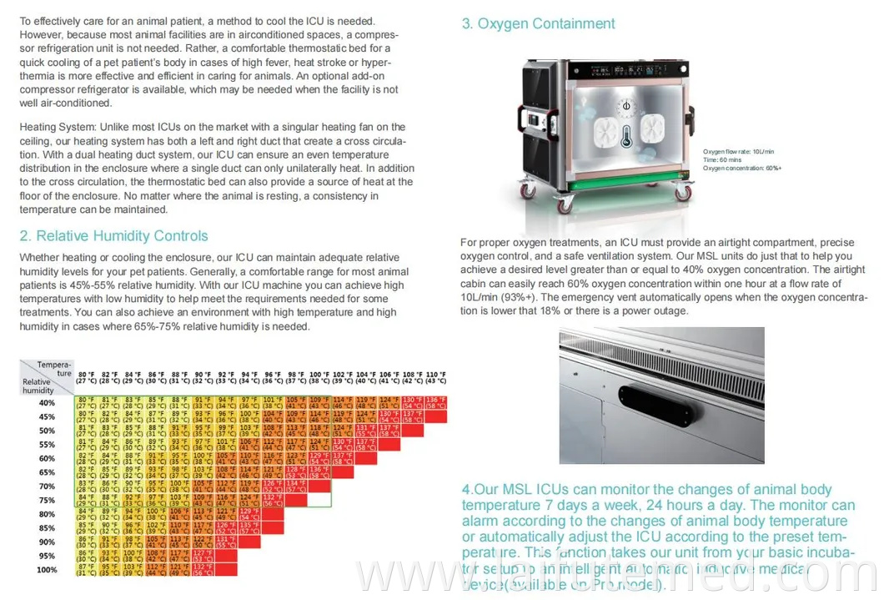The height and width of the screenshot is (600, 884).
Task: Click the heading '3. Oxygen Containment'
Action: (538, 23)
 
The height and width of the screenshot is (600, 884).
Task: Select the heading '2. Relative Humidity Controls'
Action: (113, 236)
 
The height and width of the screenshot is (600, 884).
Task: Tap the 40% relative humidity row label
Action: (47, 403)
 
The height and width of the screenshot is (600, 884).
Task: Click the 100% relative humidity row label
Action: (47, 570)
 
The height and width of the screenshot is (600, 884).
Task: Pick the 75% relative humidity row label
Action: (47, 501)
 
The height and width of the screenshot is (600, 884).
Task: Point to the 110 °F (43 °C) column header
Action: (435, 377)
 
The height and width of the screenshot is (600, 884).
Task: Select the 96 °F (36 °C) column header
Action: (273, 377)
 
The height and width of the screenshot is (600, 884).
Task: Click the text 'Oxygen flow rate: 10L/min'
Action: (738, 151)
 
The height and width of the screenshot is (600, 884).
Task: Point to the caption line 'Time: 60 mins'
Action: (722, 159)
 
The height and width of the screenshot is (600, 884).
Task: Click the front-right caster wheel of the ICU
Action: (682, 194)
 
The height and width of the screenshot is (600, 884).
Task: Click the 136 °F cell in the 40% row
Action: (435, 403)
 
